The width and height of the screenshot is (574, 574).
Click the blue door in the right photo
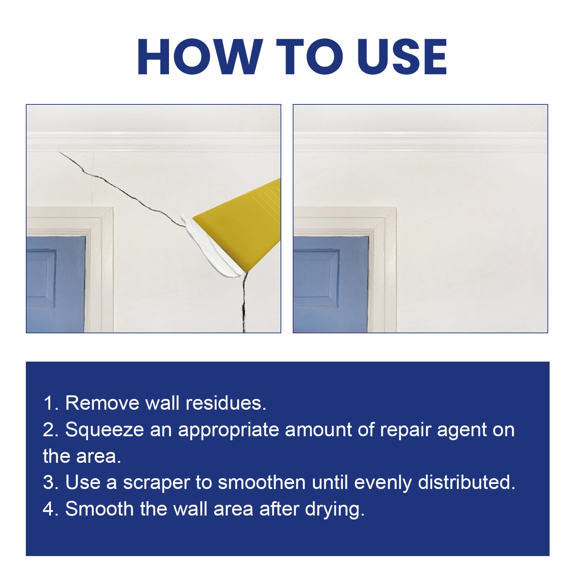click(x=330, y=283)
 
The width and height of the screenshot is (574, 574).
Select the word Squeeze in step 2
click(x=104, y=429)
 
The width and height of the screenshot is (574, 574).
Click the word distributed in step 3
click(x=466, y=483)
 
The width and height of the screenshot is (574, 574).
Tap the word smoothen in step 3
click(x=262, y=483)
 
